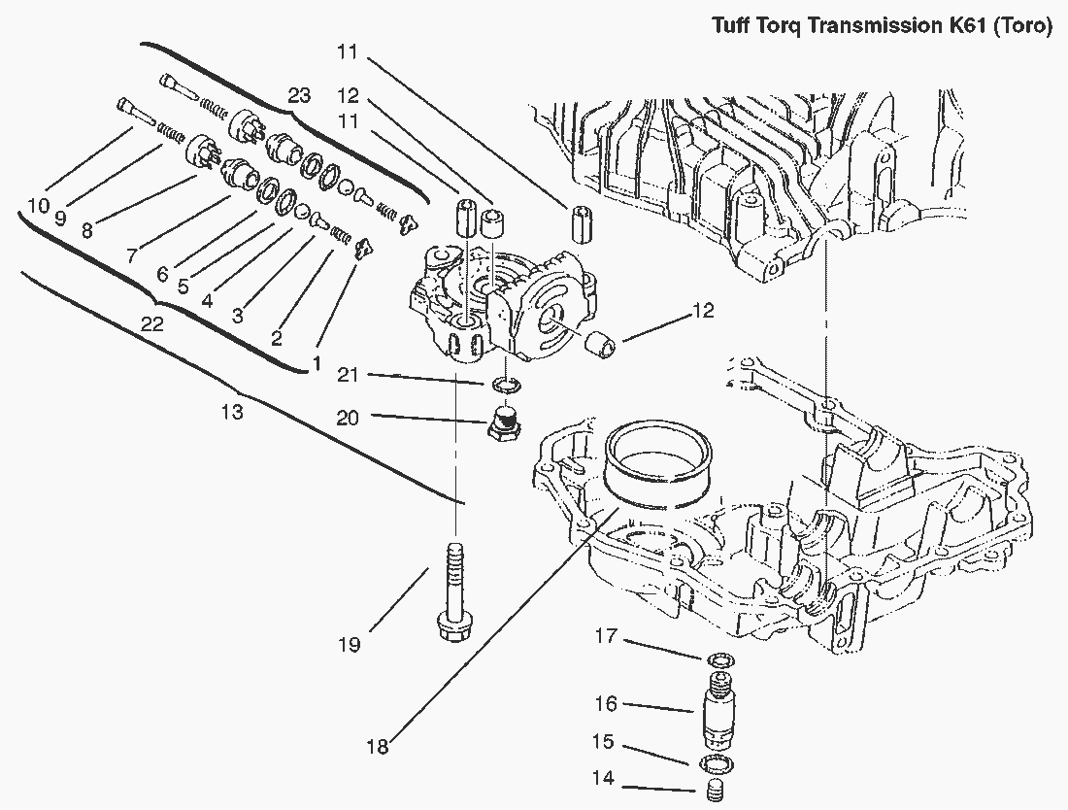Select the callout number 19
[350, 643]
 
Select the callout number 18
[377, 746]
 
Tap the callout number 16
[607, 704]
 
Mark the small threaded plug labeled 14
[715, 792]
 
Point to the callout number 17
[607, 637]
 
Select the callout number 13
[231, 413]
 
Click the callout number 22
[151, 325]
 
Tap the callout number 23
[299, 95]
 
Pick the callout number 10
[37, 206]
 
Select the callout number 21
[350, 375]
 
